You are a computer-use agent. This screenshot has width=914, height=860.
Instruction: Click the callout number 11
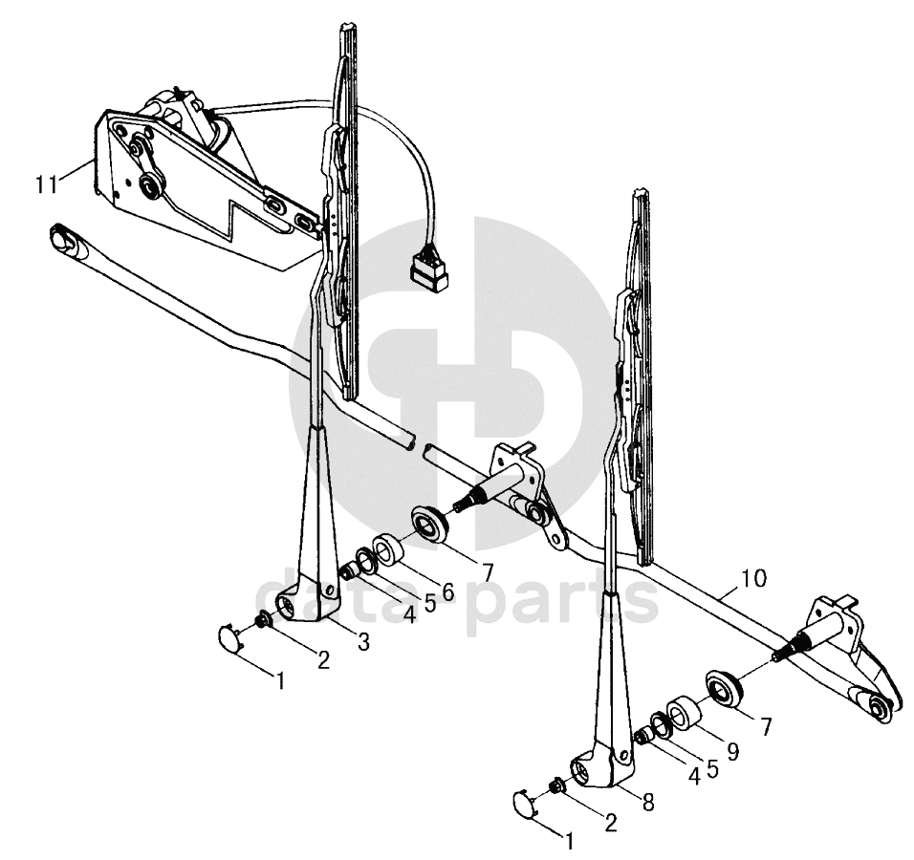tap(47, 184)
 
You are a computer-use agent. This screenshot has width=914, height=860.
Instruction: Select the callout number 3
tap(363, 642)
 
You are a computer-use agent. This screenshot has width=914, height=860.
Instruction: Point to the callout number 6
tap(447, 592)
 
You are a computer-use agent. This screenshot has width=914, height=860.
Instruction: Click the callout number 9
tap(731, 752)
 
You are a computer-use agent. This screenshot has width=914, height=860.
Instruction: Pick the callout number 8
tap(647, 804)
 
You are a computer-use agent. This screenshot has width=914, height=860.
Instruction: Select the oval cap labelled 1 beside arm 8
tap(525, 803)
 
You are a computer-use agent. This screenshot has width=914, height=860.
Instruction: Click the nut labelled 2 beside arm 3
tap(262, 619)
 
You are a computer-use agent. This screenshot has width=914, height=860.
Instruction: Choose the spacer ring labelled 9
tap(683, 712)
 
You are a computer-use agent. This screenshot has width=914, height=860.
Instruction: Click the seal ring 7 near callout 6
tap(430, 524)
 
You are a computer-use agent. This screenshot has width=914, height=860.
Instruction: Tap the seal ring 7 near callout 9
tap(724, 688)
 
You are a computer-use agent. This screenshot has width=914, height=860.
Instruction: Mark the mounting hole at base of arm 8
tap(581, 771)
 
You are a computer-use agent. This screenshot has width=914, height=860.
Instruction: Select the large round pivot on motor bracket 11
tap(151, 186)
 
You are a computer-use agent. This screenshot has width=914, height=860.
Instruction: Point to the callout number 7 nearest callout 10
tap(765, 726)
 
